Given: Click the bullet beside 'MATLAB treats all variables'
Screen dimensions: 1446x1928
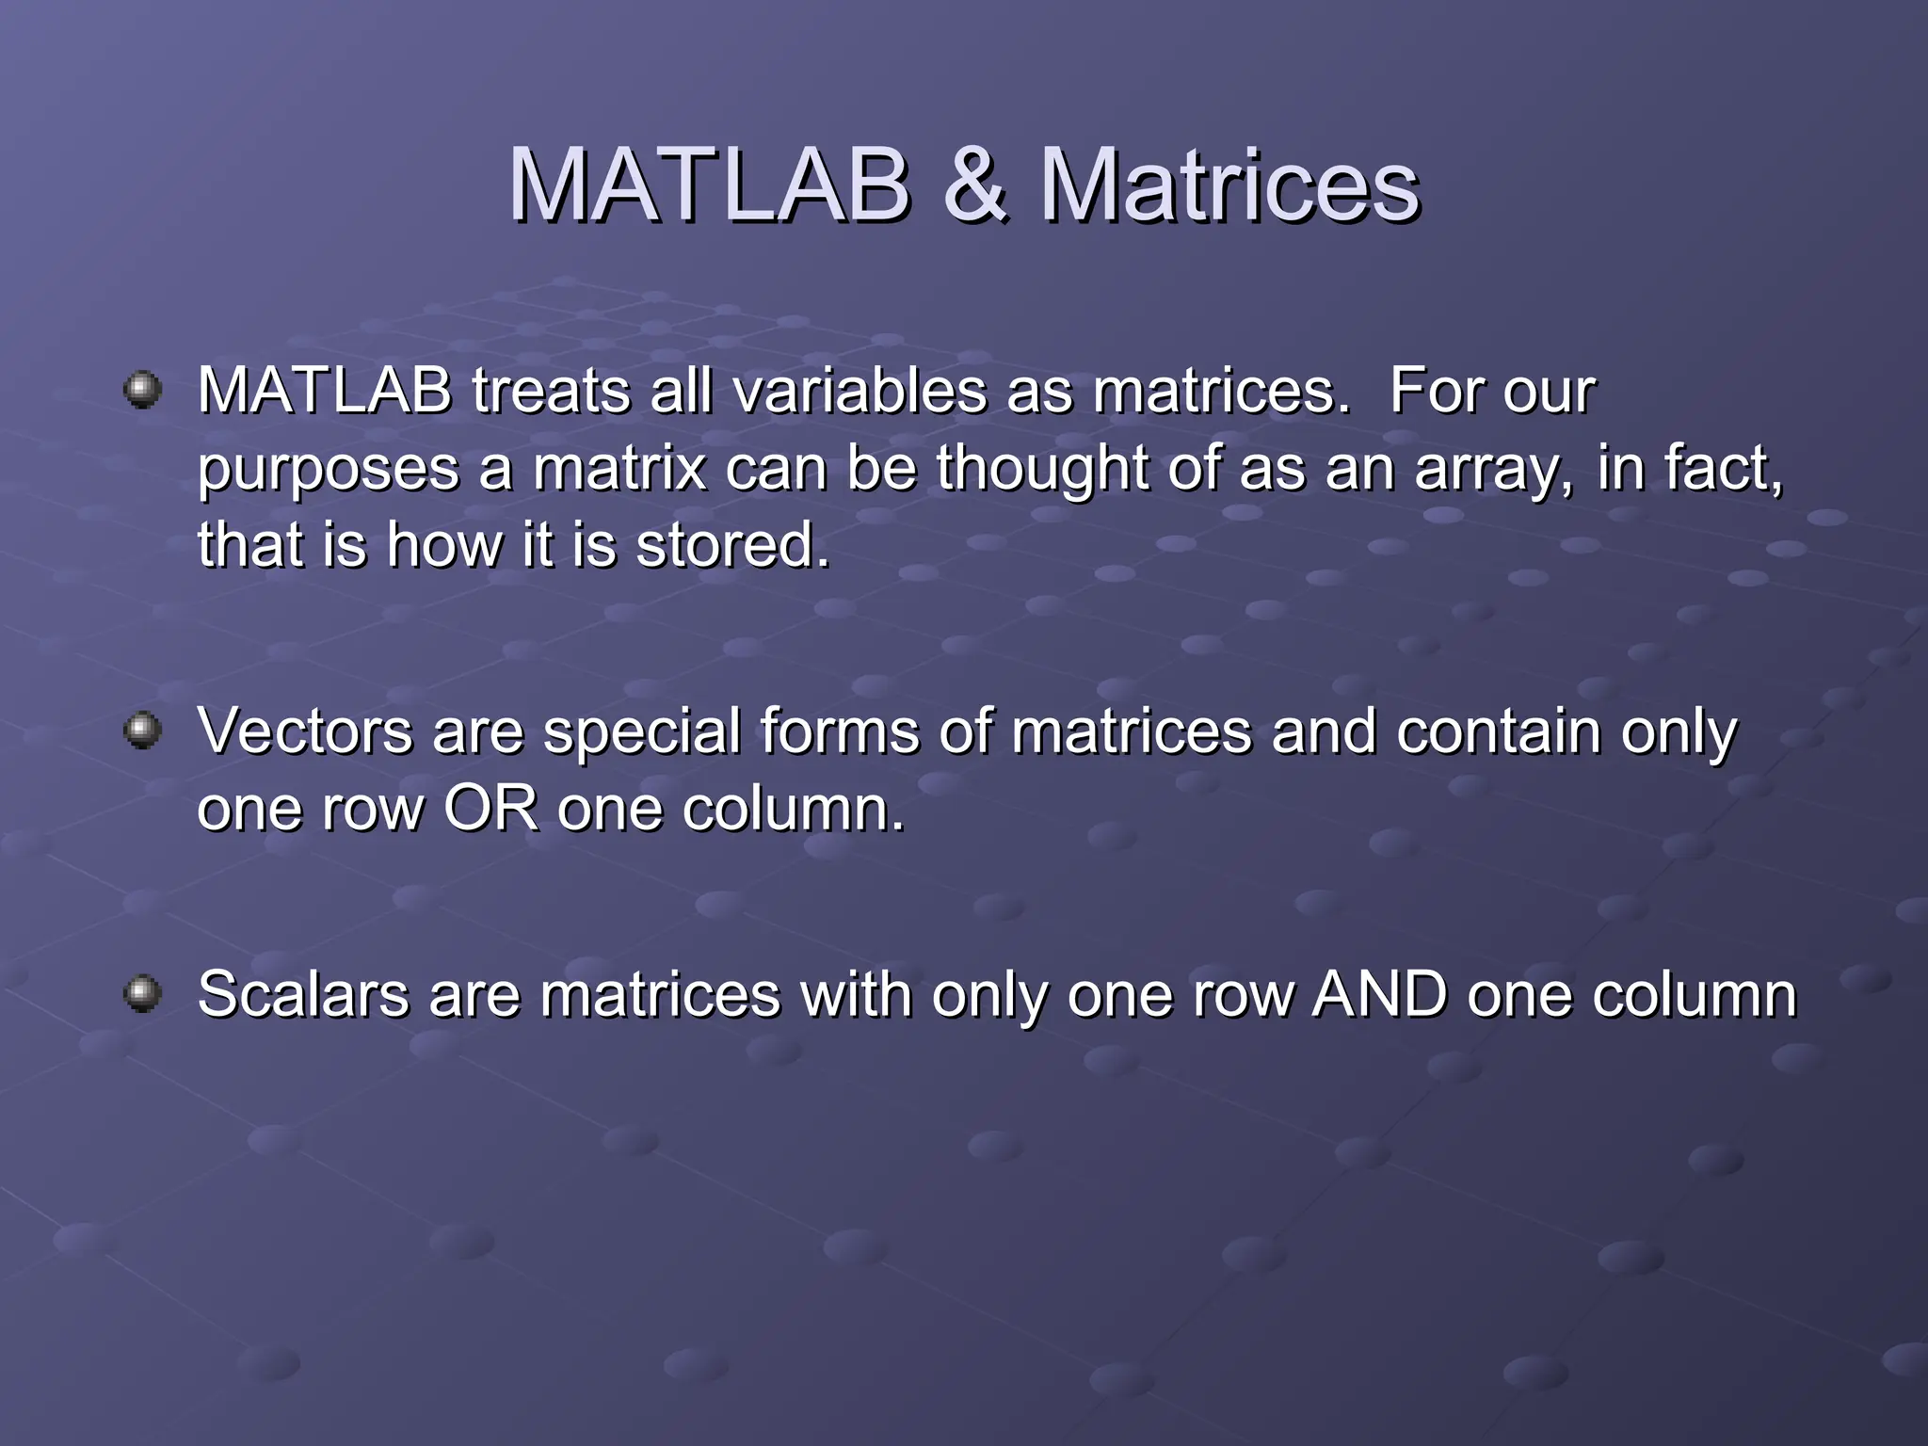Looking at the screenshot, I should [143, 389].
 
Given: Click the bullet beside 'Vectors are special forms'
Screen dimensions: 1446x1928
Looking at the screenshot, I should [143, 730].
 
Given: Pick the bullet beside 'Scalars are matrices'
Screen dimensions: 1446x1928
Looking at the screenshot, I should [143, 992].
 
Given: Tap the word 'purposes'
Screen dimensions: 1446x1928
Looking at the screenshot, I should [328, 469].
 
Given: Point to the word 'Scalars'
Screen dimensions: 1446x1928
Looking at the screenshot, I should [302, 994].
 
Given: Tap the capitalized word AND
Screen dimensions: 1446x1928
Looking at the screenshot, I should [1379, 994].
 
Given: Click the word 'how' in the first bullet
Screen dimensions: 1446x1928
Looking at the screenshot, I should [445, 545].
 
